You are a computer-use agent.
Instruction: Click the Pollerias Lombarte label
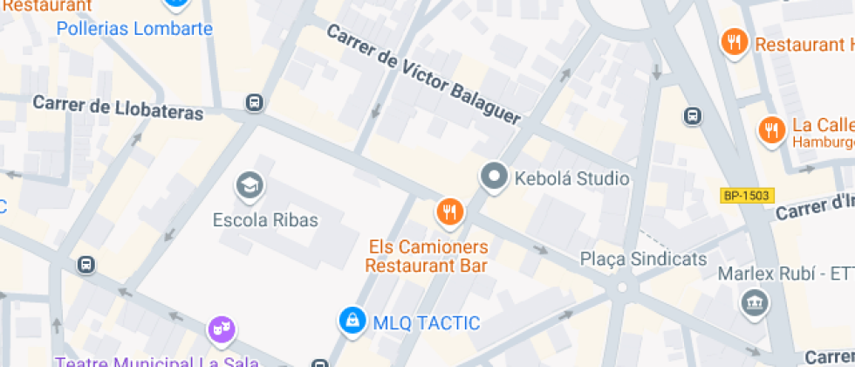[134, 29]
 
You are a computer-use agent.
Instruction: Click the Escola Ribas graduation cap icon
[250, 185]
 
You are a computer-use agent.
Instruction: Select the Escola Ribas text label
[266, 220]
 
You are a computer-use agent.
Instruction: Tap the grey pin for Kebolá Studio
[495, 177]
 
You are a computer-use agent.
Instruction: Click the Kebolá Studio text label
[571, 179]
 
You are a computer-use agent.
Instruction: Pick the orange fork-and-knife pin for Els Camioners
[450, 211]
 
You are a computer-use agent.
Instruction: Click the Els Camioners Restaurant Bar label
[427, 256]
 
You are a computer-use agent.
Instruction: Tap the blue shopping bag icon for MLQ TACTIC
[352, 321]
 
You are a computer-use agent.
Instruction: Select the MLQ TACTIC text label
[426, 323]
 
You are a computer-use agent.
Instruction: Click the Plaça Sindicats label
[643, 260]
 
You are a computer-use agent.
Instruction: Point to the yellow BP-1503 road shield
[747, 195]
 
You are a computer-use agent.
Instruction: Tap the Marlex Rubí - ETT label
[785, 274]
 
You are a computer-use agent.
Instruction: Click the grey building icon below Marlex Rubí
[751, 304]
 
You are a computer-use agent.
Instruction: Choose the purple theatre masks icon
[221, 329]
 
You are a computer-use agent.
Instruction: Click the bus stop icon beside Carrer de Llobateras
[254, 102]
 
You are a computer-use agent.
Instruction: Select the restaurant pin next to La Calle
[770, 130]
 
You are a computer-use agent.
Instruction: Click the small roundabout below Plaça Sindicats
[622, 287]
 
